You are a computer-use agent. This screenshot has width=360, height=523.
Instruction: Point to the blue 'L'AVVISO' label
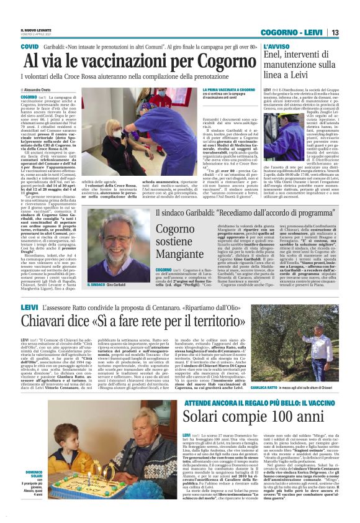point(276,47)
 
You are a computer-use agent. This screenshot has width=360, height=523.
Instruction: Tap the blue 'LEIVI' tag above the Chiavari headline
point(29,307)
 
